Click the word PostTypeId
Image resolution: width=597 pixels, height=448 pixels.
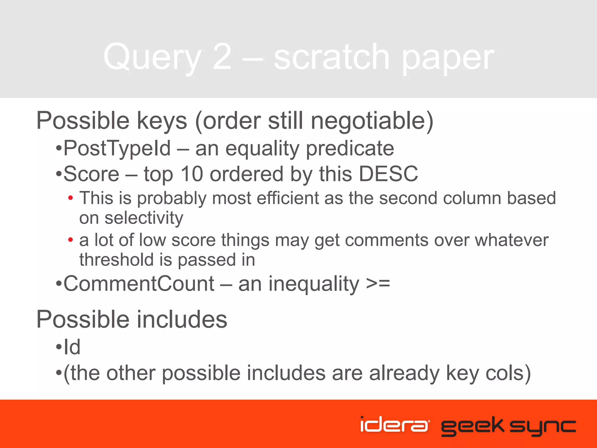pyautogui.click(x=117, y=148)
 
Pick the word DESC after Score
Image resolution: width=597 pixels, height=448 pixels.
pyautogui.click(x=388, y=174)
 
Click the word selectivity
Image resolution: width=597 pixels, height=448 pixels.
pyautogui.click(x=144, y=218)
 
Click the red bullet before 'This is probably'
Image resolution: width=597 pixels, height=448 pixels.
pyautogui.click(x=70, y=198)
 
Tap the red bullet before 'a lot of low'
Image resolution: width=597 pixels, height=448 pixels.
pyautogui.click(x=70, y=240)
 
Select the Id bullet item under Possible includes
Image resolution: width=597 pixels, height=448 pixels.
pyautogui.click(x=72, y=347)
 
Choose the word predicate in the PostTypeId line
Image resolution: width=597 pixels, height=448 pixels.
pyautogui.click(x=350, y=148)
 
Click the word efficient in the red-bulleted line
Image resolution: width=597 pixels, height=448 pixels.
pyautogui.click(x=288, y=198)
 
